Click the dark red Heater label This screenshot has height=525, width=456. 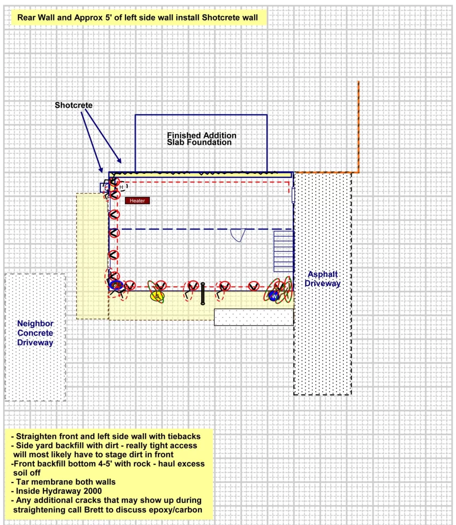pyautogui.click(x=137, y=200)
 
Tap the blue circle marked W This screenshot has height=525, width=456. pyautogui.click(x=274, y=296)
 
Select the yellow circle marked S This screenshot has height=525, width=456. pyautogui.click(x=158, y=296)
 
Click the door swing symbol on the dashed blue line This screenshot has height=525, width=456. pyautogui.click(x=238, y=235)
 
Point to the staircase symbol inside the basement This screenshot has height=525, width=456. pyautogui.click(x=283, y=251)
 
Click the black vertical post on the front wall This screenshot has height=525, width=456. pyautogui.click(x=202, y=293)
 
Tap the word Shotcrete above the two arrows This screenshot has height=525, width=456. pyautogui.click(x=74, y=105)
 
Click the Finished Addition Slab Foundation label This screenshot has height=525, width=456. pyautogui.click(x=202, y=139)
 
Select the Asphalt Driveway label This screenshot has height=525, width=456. pyautogui.click(x=323, y=279)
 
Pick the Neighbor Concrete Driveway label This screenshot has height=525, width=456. pyautogui.click(x=35, y=333)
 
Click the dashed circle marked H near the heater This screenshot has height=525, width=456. pyautogui.click(x=122, y=187)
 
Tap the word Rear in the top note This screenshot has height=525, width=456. pyautogui.click(x=27, y=17)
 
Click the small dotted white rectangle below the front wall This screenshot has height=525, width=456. pyautogui.click(x=253, y=317)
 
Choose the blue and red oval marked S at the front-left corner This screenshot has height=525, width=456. pyautogui.click(x=116, y=285)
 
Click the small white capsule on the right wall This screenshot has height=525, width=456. pyautogui.click(x=293, y=194)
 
